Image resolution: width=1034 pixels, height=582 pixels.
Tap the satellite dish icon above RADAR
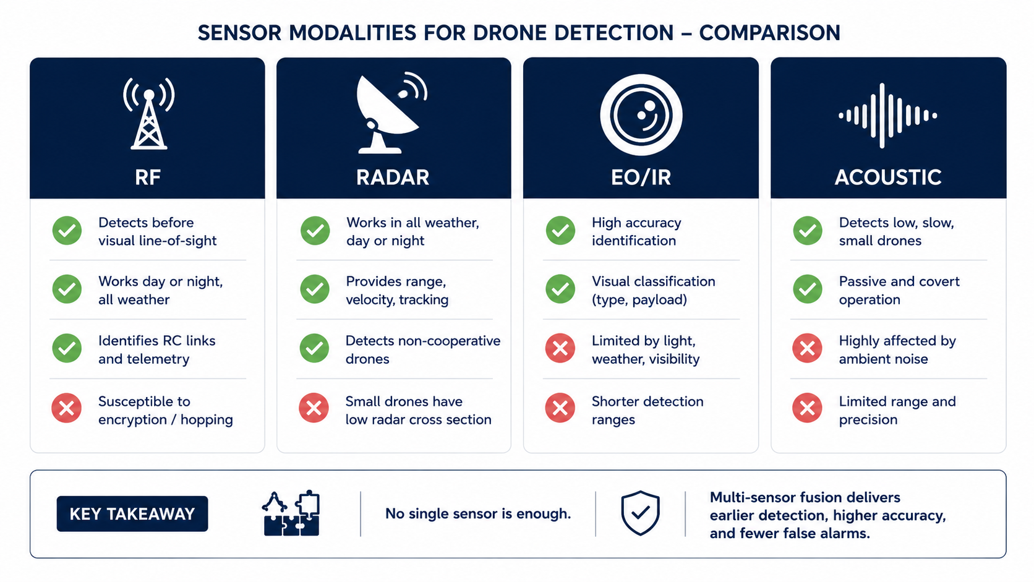point(391,113)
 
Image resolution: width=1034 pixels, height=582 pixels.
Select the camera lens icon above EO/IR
point(641,115)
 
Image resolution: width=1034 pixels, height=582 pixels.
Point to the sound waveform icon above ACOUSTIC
point(887,116)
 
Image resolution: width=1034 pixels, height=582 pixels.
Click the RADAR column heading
point(393,178)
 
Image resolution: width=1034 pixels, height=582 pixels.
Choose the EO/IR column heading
point(641,178)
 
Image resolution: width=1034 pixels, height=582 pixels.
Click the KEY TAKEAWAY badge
point(132,514)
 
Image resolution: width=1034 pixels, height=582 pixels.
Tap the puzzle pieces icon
point(291,513)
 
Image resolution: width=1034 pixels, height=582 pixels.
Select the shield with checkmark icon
point(640,513)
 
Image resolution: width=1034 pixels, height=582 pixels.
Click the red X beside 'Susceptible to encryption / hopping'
point(66,408)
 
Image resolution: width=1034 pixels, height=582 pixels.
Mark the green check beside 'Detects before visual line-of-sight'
point(67,230)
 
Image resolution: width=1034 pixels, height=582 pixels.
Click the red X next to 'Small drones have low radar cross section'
point(314,408)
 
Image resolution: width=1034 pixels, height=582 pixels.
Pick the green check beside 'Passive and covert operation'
point(808,289)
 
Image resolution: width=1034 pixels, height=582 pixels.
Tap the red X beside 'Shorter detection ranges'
point(560,408)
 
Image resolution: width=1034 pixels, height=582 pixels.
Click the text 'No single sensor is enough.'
point(478,514)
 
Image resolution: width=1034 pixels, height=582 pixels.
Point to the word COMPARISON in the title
point(769,33)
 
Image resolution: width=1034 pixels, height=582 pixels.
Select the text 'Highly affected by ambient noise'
point(897,350)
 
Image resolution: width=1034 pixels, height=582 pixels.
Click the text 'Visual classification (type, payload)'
point(654,290)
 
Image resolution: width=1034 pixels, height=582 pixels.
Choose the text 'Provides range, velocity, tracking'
point(397,290)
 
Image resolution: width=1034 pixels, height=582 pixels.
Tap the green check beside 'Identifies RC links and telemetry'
point(67,348)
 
